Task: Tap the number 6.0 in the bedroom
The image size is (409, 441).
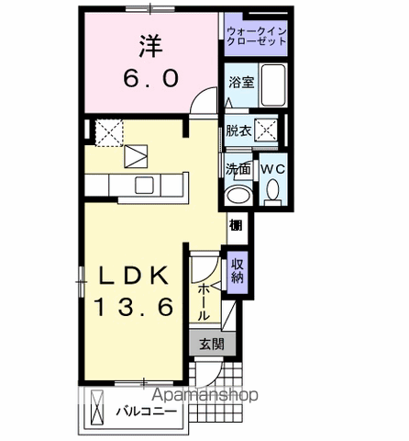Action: click(150, 79)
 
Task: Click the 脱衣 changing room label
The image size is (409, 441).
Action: click(238, 130)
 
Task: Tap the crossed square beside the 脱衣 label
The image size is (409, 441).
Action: click(268, 130)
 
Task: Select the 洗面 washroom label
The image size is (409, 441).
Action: click(238, 169)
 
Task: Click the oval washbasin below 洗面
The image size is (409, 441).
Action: click(238, 196)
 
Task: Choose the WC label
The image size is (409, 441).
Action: click(273, 169)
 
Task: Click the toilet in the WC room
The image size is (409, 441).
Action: click(273, 192)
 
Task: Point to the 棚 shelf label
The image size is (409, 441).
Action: click(236, 225)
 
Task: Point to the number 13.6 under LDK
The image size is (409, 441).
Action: click(134, 308)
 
